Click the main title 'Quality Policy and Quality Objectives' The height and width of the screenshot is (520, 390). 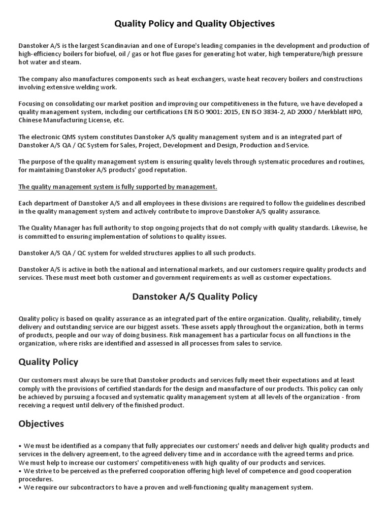click(x=194, y=23)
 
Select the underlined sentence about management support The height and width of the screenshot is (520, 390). click(x=118, y=187)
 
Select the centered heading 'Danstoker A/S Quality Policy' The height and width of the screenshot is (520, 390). click(x=194, y=296)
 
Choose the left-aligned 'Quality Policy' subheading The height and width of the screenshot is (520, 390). click(x=48, y=362)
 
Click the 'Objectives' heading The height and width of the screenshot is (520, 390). click(x=41, y=424)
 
